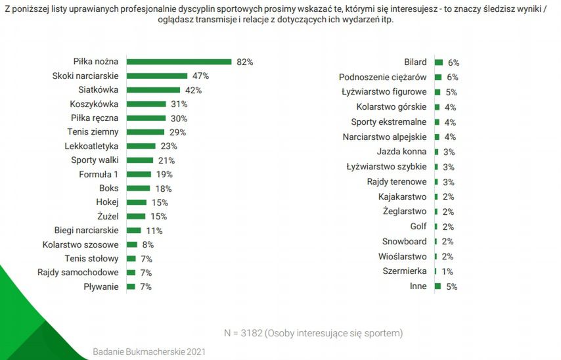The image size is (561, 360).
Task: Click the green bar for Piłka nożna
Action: click(x=179, y=62)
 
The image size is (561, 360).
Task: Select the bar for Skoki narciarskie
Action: click(x=157, y=76)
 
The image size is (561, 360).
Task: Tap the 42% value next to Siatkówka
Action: click(x=193, y=90)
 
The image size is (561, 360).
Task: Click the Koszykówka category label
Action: click(x=94, y=104)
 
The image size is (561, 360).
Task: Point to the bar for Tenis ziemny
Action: click(x=145, y=132)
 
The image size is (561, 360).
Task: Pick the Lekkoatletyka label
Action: click(x=91, y=146)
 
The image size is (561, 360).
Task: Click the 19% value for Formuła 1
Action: click(x=164, y=174)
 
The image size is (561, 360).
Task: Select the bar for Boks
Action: click(x=139, y=189)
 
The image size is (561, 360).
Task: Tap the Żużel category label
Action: click(x=107, y=216)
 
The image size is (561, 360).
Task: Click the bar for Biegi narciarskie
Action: click(x=134, y=231)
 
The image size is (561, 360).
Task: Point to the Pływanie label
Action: click(x=101, y=286)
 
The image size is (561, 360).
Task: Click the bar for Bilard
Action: click(x=438, y=62)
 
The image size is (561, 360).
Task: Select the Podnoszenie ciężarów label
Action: click(x=383, y=77)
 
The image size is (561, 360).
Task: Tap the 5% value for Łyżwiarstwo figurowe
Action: click(x=451, y=93)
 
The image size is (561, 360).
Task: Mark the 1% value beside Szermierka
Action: click(x=447, y=271)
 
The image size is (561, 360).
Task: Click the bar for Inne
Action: click(x=438, y=286)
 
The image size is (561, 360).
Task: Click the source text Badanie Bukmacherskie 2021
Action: click(x=149, y=351)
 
